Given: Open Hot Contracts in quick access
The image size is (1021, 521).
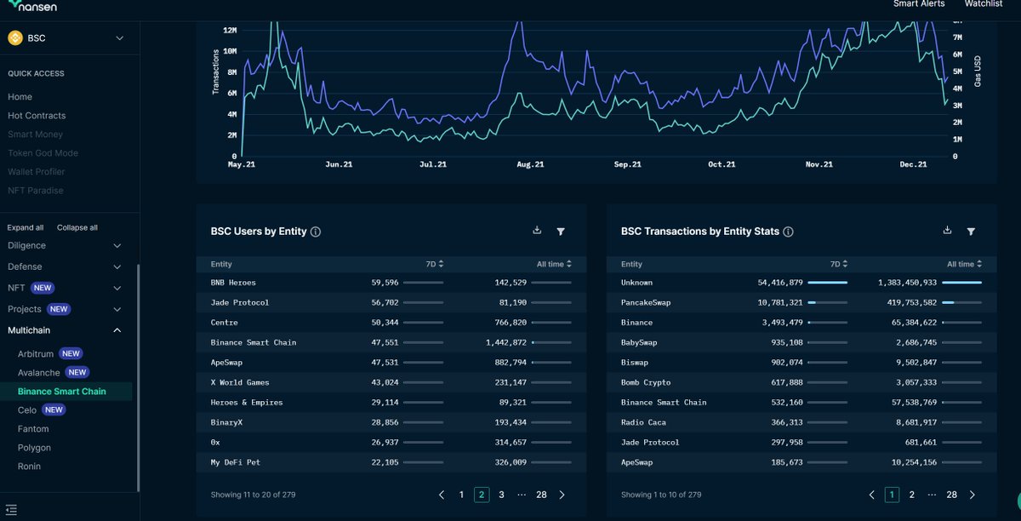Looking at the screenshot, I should [x=37, y=116].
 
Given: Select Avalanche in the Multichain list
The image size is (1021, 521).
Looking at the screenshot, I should [x=39, y=373].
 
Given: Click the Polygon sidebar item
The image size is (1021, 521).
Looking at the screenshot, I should [x=34, y=448].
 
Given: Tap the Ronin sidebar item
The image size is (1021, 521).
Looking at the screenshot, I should [x=29, y=467].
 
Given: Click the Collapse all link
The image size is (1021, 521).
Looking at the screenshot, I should [x=77, y=228].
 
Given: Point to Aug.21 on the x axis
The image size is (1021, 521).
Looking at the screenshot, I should [x=530, y=164].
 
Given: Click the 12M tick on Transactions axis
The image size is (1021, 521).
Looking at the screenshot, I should [x=229, y=31].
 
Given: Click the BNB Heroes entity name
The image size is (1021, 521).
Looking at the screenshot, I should [x=233, y=283].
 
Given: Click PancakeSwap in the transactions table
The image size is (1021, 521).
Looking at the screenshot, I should [x=646, y=302].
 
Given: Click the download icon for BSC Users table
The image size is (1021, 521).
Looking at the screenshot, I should [x=537, y=231].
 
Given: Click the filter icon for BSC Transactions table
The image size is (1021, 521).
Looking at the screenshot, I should [x=971, y=232].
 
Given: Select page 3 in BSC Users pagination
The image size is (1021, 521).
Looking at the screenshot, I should [x=501, y=495].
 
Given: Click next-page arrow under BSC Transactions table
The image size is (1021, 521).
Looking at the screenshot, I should [x=973, y=495].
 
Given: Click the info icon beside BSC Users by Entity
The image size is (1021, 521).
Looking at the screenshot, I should [x=316, y=232].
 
